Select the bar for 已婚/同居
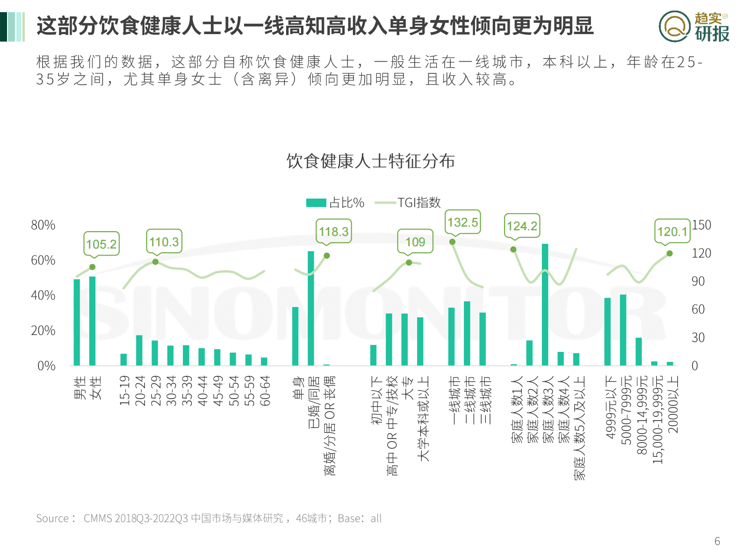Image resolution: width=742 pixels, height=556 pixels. coord(311,308)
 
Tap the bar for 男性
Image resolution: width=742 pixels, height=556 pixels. coord(77,322)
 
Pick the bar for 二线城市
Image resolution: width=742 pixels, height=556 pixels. coord(467,334)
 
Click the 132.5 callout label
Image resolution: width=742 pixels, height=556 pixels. coord(463,222)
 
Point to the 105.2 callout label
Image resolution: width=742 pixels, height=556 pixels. coord(101,244)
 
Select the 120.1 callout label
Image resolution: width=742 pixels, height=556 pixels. coord(672,232)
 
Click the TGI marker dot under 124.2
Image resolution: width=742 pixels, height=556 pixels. coord(513,249)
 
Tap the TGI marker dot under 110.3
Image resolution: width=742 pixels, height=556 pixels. coord(156,262)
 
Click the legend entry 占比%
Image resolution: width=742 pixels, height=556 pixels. coord(335,203)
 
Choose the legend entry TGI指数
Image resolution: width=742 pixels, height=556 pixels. coord(408,203)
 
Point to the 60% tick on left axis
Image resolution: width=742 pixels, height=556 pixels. coord(43,260)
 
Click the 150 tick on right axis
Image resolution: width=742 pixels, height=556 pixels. coord(701,225)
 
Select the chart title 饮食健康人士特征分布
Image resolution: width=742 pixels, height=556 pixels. coord(370,161)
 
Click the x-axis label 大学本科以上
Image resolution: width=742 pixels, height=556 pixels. coord(423,419)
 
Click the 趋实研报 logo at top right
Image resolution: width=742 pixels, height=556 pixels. coord(694,27)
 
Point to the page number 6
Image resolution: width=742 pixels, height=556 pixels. coord(717,541)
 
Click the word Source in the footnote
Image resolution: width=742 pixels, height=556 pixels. coord(52,518)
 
